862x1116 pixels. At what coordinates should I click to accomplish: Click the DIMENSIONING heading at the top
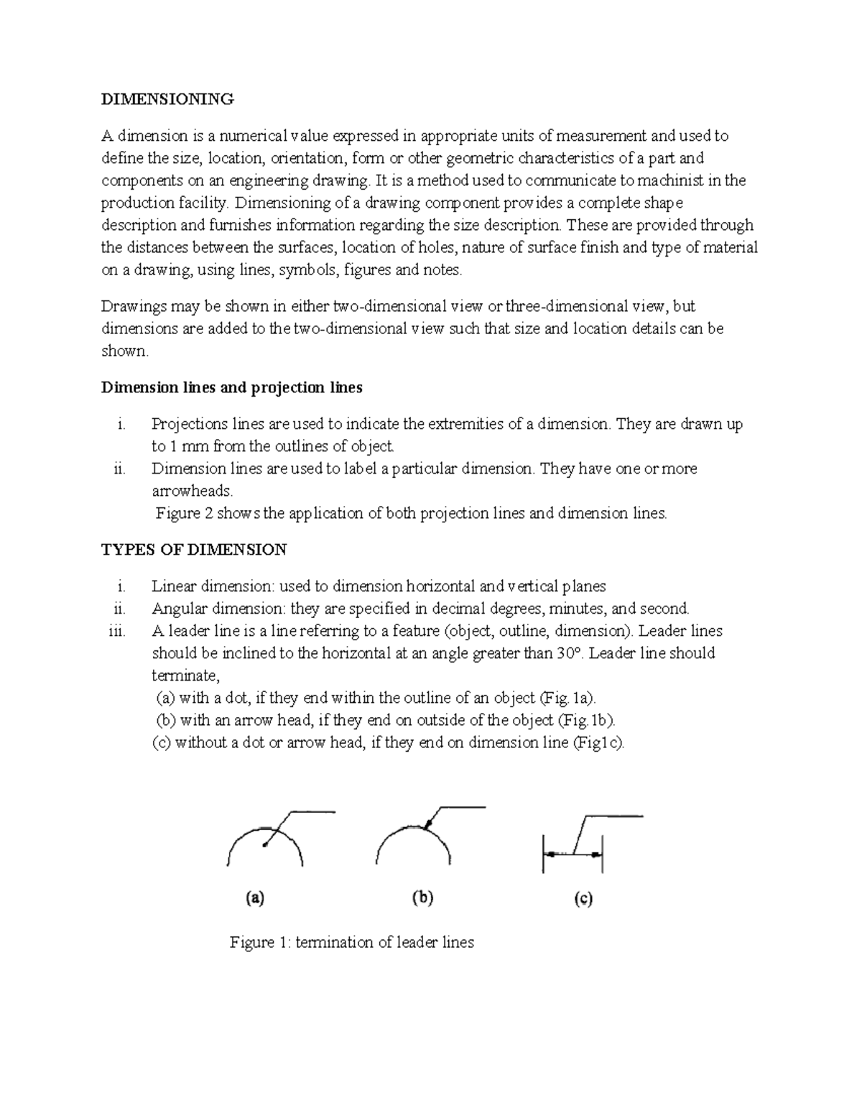(167, 99)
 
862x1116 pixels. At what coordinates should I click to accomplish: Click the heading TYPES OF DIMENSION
(194, 550)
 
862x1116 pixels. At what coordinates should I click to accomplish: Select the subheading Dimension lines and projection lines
(231, 388)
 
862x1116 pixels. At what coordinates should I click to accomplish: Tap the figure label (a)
(255, 898)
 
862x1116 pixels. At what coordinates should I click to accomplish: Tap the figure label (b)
(422, 898)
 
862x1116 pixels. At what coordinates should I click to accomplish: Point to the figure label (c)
(583, 898)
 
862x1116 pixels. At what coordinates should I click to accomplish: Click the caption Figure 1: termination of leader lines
(351, 942)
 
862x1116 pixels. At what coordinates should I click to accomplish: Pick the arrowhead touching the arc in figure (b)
(427, 825)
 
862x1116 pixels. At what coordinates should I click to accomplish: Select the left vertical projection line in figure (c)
(543, 854)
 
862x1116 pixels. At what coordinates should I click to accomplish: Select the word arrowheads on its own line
(193, 492)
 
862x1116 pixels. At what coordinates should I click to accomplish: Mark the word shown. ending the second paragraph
(125, 351)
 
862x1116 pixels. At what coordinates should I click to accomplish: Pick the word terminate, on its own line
(185, 675)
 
